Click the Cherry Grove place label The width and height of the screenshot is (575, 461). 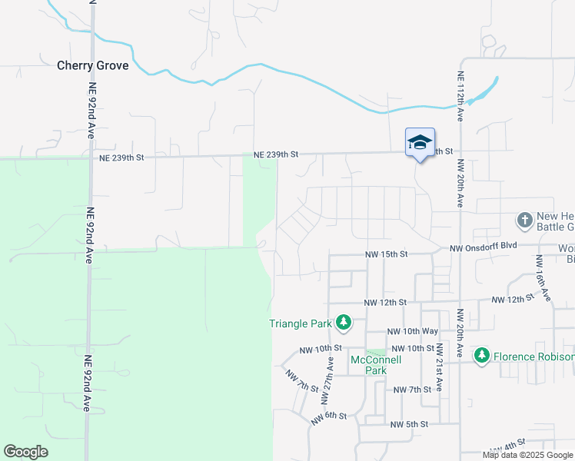pyautogui.click(x=92, y=65)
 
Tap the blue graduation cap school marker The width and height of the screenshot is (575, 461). pyautogui.click(x=420, y=143)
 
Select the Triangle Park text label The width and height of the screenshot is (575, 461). pyautogui.click(x=300, y=323)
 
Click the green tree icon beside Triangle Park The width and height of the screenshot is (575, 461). pyautogui.click(x=344, y=323)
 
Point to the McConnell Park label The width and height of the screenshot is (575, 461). pyautogui.click(x=368, y=365)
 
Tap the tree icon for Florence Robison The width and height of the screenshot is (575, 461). pyautogui.click(x=482, y=356)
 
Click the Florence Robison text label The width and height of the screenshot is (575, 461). pyautogui.click(x=533, y=357)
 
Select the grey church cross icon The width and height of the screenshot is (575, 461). pyautogui.click(x=524, y=221)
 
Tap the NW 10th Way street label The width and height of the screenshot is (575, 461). pyautogui.click(x=413, y=331)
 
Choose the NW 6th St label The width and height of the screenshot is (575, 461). pyautogui.click(x=330, y=417)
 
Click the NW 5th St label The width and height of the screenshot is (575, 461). pyautogui.click(x=408, y=424)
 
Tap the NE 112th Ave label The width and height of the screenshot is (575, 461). pyautogui.click(x=460, y=95)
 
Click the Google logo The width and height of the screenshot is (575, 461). pyautogui.click(x=25, y=452)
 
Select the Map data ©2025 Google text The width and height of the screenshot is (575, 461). pyautogui.click(x=527, y=455)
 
